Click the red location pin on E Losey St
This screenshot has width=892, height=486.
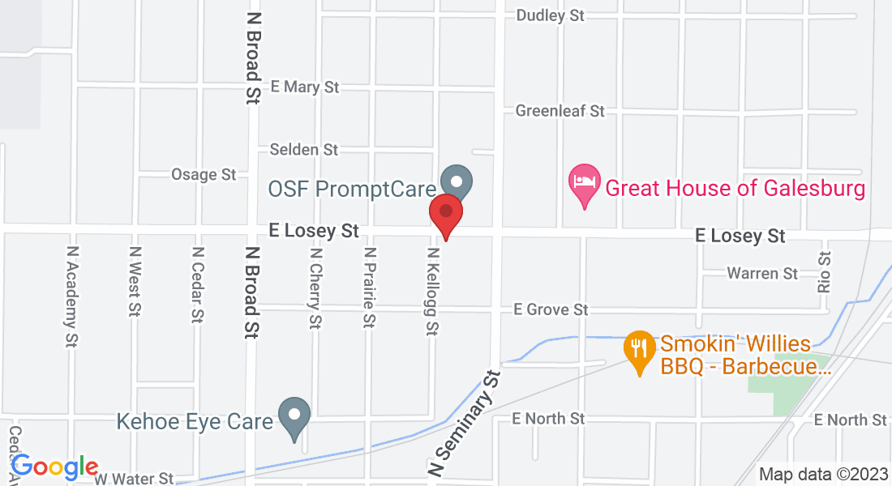coord(445,212)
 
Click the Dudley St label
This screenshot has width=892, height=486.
coord(551,15)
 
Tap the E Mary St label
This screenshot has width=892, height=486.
coord(305,87)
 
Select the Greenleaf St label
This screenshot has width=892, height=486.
coord(560,110)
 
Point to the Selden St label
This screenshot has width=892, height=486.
coord(304,150)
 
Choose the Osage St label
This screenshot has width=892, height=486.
coord(204,174)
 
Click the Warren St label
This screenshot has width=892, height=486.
coord(762,274)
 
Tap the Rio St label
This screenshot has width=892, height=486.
coord(826,271)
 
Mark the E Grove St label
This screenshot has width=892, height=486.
coord(551,309)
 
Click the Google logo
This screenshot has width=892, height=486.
coord(54,467)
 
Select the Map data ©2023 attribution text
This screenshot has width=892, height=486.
coord(821,475)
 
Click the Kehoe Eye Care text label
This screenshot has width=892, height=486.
coord(195,421)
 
